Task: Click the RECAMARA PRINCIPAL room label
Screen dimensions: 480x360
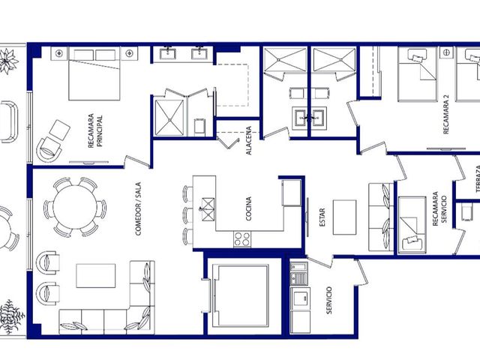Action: point(95,131)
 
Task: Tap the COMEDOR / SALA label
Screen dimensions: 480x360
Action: point(138,209)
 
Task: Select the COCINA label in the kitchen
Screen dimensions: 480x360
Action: point(248,208)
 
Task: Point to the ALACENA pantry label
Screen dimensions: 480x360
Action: point(248,140)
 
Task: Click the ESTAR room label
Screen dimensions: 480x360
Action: point(322,217)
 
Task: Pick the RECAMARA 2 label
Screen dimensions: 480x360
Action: point(446,114)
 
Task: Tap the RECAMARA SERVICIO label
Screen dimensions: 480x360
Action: point(439,209)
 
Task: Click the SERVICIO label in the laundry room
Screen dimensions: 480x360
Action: point(329,300)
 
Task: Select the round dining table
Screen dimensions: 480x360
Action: point(75,207)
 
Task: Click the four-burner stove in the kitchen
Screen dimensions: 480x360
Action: point(242,239)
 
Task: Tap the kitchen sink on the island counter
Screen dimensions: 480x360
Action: point(208,209)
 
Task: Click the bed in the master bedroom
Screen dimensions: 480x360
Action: point(94,73)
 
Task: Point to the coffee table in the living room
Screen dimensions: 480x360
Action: point(96,275)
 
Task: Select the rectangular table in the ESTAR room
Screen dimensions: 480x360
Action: point(344,217)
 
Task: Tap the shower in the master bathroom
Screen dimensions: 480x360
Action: point(169,117)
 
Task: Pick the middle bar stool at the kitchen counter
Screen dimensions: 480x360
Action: point(187,215)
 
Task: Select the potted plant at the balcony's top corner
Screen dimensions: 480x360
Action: point(8,61)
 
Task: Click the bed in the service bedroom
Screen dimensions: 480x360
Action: point(412,225)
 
